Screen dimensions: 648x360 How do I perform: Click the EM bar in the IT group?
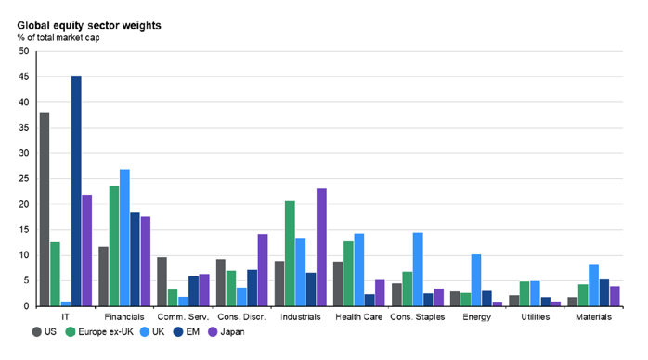coord(76,191)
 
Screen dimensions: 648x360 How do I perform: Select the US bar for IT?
coord(45,210)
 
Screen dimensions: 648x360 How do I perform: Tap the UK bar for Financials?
coord(124,238)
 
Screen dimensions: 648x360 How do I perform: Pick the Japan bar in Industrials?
coord(321,248)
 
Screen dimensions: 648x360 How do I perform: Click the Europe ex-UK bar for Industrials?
coord(290,253)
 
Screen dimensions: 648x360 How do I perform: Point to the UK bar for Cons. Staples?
coord(418,269)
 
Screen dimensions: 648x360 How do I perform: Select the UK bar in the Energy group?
coord(476,280)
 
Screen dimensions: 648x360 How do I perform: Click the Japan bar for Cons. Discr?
coord(263,270)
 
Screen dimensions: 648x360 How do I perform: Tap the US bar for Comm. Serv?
coord(162,281)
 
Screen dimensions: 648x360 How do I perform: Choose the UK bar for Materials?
coord(593,286)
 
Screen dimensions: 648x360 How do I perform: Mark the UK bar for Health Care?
coord(359,270)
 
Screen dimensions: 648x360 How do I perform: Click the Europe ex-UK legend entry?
coord(99,332)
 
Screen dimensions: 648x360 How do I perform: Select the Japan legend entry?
coord(226,332)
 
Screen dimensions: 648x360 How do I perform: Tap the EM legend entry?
coord(187,332)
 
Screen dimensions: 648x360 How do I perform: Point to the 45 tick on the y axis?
coord(24,77)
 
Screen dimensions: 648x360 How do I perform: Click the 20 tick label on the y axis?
coord(24,204)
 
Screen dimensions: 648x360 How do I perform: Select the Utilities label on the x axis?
coord(535,317)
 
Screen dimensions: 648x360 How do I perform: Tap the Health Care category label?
coord(358,317)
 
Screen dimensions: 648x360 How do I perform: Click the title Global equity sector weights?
coord(89,26)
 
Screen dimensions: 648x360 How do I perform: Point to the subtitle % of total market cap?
coord(58,37)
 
